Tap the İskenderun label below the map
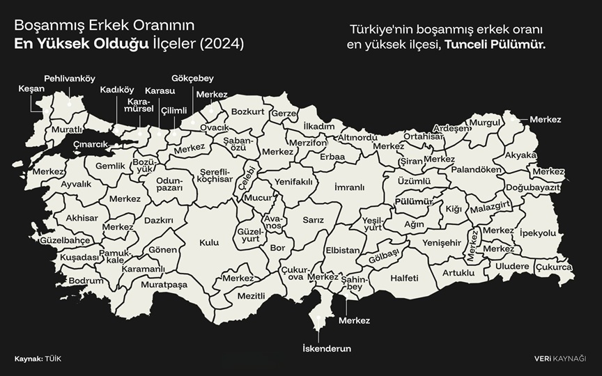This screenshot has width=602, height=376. point(326,348)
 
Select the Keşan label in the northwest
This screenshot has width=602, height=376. point(31,89)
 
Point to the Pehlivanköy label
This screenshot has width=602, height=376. point(70,78)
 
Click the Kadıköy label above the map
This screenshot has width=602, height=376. point(117,90)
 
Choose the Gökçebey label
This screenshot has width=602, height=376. point(192,78)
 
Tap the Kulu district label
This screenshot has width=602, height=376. point(209,242)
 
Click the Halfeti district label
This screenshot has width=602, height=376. point(405,278)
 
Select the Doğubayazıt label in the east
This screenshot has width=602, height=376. point(533,188)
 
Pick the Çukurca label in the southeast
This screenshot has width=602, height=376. point(554,267)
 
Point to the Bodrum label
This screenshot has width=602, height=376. point(86,281)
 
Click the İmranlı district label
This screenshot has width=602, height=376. point(350,187)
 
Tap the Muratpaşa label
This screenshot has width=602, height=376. point(164,285)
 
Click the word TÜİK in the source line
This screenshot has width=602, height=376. point(54,359)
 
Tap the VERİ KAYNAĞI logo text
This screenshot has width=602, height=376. point(559,359)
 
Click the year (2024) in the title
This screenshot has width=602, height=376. point(222,43)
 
